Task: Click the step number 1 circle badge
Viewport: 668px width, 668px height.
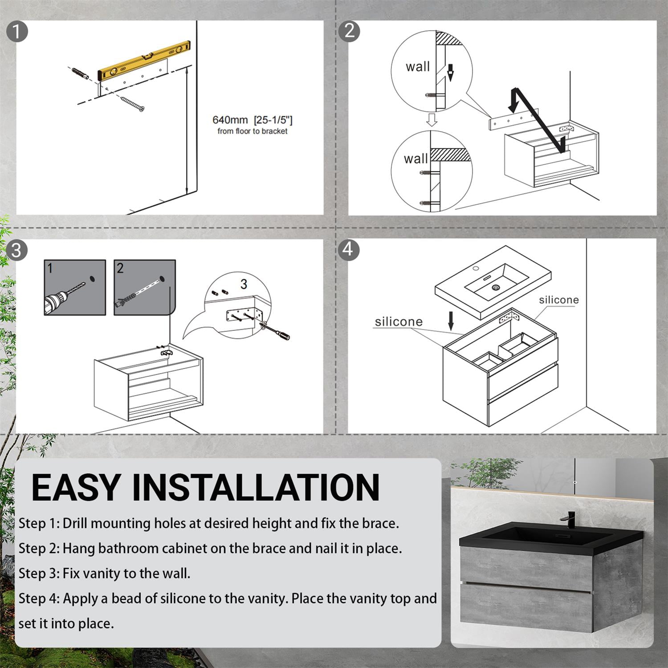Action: [17, 32]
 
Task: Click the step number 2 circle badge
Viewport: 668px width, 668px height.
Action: [349, 31]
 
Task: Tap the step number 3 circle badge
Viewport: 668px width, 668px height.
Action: [16, 250]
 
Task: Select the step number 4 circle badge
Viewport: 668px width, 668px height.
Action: [348, 249]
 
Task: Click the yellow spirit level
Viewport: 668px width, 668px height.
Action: [144, 60]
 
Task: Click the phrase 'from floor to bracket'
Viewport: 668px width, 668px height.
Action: [253, 131]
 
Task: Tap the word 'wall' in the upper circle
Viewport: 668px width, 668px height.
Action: [418, 67]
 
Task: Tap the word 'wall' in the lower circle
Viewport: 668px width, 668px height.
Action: [415, 159]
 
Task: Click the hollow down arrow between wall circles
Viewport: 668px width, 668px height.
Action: [431, 119]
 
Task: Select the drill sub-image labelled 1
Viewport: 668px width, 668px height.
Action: [75, 288]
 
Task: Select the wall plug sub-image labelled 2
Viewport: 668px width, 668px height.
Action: [145, 288]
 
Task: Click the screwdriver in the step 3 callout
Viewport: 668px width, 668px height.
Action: [277, 330]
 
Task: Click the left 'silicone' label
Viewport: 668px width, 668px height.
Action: [399, 322]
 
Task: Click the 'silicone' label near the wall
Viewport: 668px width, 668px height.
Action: [559, 300]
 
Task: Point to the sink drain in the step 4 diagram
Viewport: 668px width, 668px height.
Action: [496, 288]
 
